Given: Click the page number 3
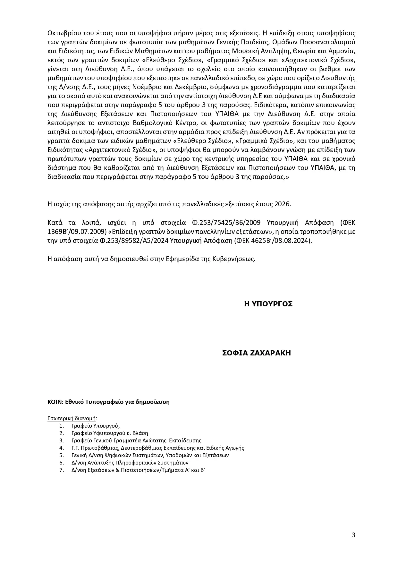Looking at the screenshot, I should [x=353, y=535].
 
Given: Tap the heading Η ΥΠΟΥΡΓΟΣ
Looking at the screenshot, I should [x=268, y=304].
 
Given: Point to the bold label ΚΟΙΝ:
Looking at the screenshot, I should [x=55, y=402].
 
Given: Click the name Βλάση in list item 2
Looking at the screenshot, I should [x=141, y=433].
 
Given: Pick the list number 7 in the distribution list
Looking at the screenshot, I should [x=61, y=470].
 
